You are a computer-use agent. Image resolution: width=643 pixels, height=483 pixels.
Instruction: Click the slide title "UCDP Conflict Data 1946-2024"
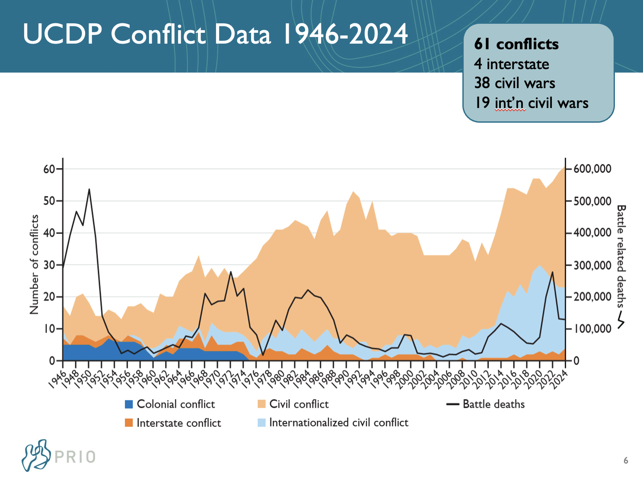215,34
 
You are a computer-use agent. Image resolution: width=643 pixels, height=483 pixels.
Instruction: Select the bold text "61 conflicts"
516,44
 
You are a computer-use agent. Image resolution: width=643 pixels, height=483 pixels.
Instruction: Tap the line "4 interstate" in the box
512,64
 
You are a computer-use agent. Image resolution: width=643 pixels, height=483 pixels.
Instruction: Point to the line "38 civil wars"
515,83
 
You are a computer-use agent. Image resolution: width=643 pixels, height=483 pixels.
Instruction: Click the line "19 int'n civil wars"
532,103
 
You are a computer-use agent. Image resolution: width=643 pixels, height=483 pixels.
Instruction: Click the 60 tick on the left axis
49,169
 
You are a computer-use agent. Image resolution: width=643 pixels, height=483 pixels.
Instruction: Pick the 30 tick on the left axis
49,265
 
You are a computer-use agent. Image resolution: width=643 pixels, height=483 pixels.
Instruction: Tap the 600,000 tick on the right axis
592,169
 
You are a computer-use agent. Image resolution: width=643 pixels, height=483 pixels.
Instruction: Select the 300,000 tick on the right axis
592,265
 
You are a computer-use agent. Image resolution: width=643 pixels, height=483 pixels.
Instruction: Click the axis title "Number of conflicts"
34,264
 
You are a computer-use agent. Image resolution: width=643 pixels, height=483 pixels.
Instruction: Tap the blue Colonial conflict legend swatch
129,404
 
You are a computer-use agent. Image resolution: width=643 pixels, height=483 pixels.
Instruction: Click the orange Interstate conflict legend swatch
129,423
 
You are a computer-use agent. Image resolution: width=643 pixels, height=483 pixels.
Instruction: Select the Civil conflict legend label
299,404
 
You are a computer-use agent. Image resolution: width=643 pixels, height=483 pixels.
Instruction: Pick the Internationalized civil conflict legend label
339,423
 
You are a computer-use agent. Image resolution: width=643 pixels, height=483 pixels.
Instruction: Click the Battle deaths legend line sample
452,404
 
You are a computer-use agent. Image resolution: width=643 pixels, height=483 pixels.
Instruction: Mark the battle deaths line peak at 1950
89,189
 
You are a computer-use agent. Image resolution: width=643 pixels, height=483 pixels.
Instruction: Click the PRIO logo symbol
36,455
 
